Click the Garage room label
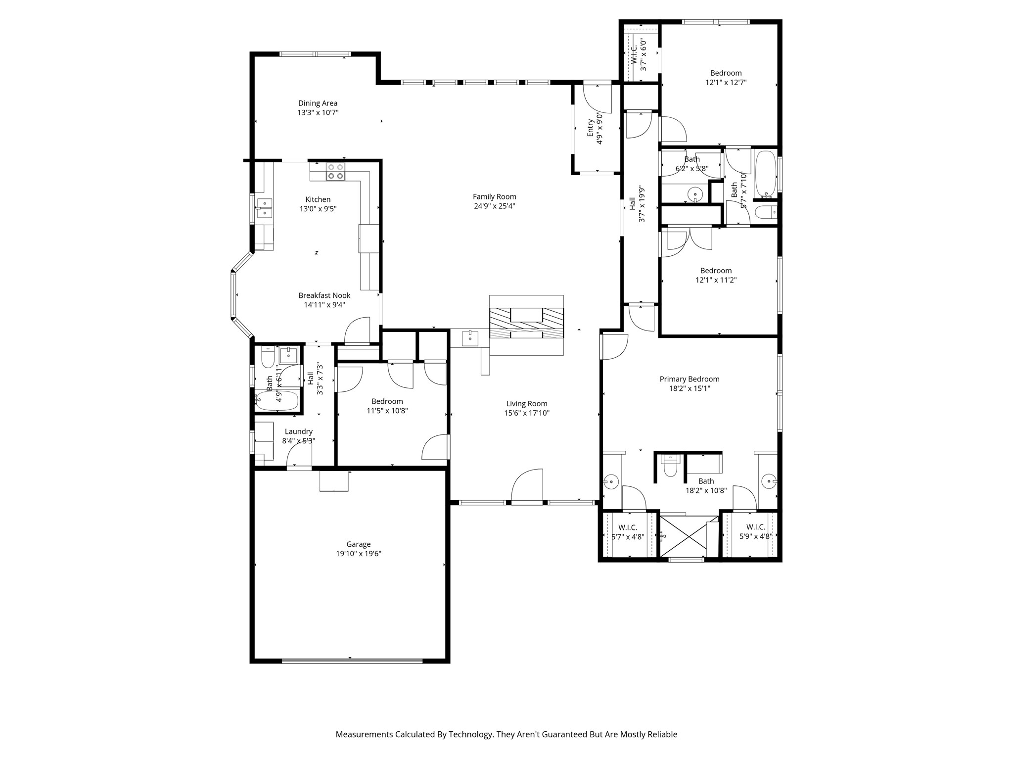click(358, 544)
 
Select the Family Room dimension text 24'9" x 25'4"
click(494, 206)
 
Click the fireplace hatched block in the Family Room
click(526, 323)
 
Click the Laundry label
click(298, 431)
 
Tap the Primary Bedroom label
click(689, 379)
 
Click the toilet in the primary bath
click(670, 468)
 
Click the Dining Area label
click(318, 103)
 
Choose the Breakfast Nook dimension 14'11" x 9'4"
click(324, 305)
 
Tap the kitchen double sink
click(265, 208)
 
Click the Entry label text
click(590, 128)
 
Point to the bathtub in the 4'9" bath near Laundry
click(277, 400)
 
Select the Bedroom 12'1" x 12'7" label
click(726, 73)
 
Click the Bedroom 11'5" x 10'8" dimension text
click(387, 411)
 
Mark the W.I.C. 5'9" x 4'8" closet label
click(755, 527)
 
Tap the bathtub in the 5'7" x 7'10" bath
click(765, 173)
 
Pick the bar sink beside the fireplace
click(469, 338)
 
